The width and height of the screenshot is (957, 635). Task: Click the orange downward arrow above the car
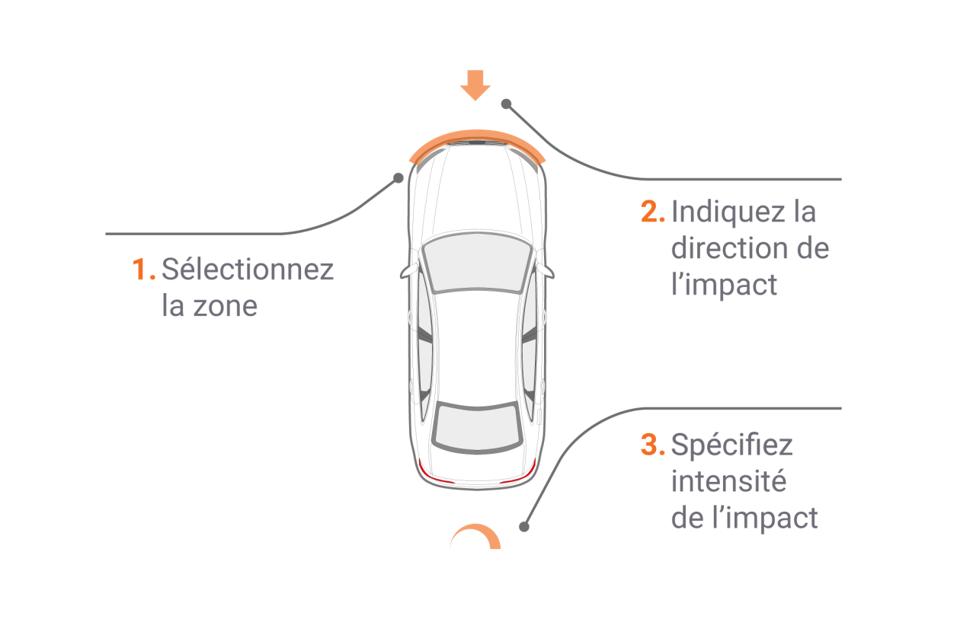pyautogui.click(x=475, y=85)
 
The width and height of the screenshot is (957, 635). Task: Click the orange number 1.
pyautogui.click(x=143, y=269)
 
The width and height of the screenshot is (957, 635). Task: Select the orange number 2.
pyautogui.click(x=652, y=212)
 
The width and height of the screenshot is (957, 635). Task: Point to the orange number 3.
pyautogui.click(x=652, y=445)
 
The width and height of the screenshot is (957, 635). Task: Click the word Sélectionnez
pyautogui.click(x=248, y=269)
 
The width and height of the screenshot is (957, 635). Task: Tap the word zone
pyautogui.click(x=225, y=306)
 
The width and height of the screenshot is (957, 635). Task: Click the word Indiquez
pyautogui.click(x=728, y=212)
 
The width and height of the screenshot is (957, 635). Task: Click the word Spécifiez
pyautogui.click(x=732, y=445)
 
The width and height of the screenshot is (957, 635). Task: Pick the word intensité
pyautogui.click(x=728, y=481)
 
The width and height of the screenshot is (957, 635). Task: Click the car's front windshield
pyautogui.click(x=477, y=263)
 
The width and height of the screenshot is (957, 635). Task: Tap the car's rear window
pyautogui.click(x=477, y=427)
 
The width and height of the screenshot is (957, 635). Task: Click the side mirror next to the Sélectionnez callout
pyautogui.click(x=409, y=271)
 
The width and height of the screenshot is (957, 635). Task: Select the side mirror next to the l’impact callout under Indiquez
pyautogui.click(x=546, y=271)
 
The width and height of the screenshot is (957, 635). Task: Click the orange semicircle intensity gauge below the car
pyautogui.click(x=475, y=536)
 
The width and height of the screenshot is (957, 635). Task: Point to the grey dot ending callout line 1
pyautogui.click(x=398, y=177)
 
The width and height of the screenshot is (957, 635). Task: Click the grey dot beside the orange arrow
pyautogui.click(x=506, y=104)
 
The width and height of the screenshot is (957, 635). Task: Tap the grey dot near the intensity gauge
pyautogui.click(x=524, y=527)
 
